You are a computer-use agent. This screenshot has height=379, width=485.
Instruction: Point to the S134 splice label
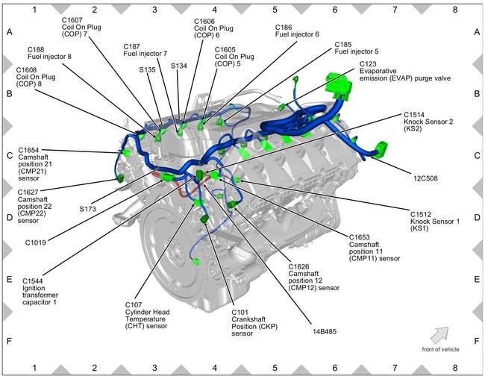(180, 66)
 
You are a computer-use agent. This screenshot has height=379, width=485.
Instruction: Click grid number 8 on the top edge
(455, 10)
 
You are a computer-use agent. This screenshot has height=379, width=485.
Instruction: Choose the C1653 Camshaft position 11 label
(373, 247)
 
